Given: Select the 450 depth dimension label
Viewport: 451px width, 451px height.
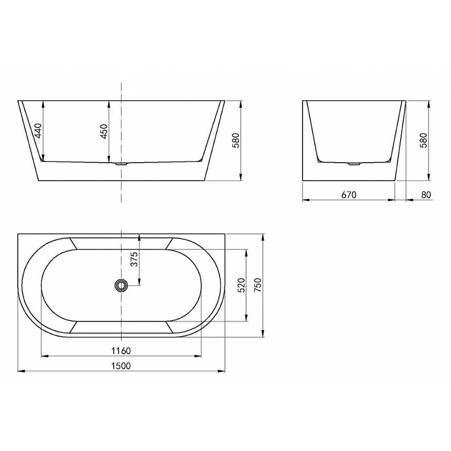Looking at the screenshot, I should point(103,131).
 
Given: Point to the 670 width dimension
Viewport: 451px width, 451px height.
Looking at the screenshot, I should point(349,195).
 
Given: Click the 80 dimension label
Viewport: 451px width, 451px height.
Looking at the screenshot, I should point(425,195).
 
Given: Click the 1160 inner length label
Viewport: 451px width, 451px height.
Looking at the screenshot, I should point(121,351).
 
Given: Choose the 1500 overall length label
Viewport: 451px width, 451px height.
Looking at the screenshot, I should point(121,365).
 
